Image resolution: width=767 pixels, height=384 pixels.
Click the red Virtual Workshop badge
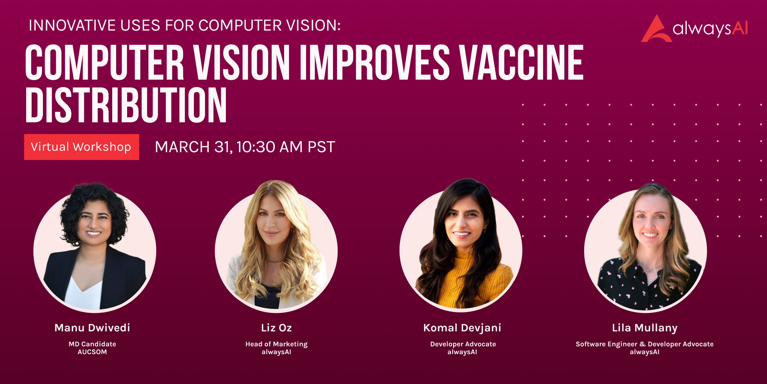coord(82,147)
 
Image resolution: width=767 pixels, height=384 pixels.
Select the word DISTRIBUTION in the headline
coord(126,105)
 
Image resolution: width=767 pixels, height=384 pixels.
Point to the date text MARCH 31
coord(194,147)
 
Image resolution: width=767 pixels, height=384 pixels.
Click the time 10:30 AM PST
coord(286,147)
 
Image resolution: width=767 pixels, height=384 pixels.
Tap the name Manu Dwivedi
coord(92,328)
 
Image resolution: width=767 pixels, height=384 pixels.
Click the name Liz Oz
coord(276,328)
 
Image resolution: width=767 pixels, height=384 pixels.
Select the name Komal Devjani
coord(462,328)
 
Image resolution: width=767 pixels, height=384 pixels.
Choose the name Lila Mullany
coord(645,328)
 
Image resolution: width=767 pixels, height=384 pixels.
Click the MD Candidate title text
coord(92,344)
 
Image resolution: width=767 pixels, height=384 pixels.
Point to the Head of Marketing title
coord(276,344)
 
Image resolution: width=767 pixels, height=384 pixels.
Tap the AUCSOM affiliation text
coord(92,352)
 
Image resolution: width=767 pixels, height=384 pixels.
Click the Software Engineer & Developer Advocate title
coord(644,344)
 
